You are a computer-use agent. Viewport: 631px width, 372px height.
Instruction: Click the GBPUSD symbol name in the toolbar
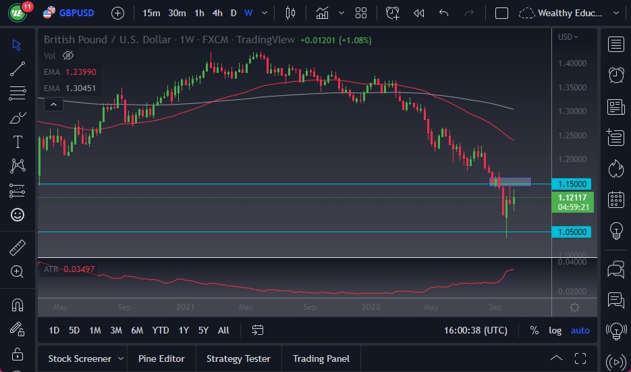(76, 13)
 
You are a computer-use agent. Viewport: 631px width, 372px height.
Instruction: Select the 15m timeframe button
(151, 13)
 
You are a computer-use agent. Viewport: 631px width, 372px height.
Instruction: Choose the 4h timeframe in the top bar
(217, 13)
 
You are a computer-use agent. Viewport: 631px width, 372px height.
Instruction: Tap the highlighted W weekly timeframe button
(248, 13)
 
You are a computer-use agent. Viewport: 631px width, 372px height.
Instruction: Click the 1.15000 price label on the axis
(571, 184)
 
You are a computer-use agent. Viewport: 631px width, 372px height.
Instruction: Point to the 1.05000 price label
(571, 232)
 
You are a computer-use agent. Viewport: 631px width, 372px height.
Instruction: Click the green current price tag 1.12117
(572, 197)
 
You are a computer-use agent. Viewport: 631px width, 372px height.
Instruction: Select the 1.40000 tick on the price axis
(572, 63)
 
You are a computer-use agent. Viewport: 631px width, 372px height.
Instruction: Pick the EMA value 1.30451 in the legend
(80, 88)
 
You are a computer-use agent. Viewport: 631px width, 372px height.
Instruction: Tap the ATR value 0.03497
(79, 269)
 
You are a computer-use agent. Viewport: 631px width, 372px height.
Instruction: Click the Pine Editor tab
(161, 358)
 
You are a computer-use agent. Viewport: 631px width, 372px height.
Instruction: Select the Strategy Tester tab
(238, 358)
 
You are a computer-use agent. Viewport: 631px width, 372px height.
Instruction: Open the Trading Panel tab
(321, 358)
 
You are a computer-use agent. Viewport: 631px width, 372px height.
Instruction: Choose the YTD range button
(160, 330)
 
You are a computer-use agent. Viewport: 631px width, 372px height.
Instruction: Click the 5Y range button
(203, 330)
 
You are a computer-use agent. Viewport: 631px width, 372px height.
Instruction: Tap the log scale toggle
(555, 330)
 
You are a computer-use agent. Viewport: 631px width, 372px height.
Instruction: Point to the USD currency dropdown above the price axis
(568, 37)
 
